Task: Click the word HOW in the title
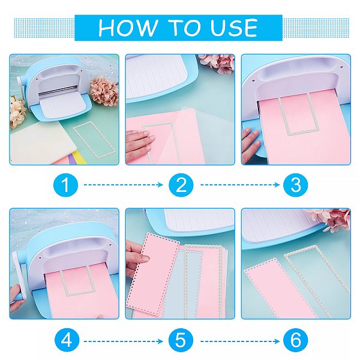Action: click(x=128, y=28)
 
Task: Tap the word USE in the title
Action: click(x=234, y=28)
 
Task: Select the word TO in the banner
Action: click(x=184, y=28)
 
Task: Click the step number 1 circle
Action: click(x=65, y=185)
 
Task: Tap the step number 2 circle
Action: click(x=181, y=185)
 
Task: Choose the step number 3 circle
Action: click(x=295, y=185)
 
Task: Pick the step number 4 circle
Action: click(x=67, y=340)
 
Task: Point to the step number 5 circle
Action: click(x=181, y=340)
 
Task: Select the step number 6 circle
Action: click(x=295, y=340)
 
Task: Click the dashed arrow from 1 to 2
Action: click(x=123, y=185)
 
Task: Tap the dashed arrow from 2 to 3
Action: click(x=240, y=185)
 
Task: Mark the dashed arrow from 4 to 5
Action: click(x=123, y=341)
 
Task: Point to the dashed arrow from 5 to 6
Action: click(x=240, y=341)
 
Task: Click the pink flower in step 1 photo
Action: click(x=104, y=91)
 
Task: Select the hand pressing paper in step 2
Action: click(x=139, y=145)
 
